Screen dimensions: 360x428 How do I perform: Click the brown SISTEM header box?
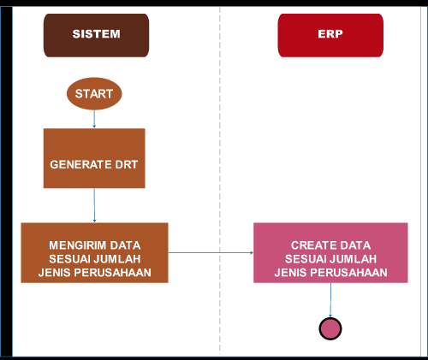coord(96,35)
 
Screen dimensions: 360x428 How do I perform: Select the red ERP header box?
coord(330,35)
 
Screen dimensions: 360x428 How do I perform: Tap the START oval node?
coord(94,93)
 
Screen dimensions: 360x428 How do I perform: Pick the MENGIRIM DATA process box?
coord(94,252)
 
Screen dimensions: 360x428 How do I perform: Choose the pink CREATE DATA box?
coord(330,252)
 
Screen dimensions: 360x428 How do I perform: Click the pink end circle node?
coord(330,328)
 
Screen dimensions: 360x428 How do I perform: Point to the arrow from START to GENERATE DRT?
coord(94,119)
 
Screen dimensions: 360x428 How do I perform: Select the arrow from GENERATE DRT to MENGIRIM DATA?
coord(94,205)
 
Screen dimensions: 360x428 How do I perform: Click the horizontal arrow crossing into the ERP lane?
coord(210,252)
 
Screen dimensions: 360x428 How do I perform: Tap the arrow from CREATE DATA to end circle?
coord(330,298)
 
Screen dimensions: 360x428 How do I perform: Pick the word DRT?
coord(127,163)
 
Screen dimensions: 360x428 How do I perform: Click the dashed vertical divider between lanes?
coord(220,171)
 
